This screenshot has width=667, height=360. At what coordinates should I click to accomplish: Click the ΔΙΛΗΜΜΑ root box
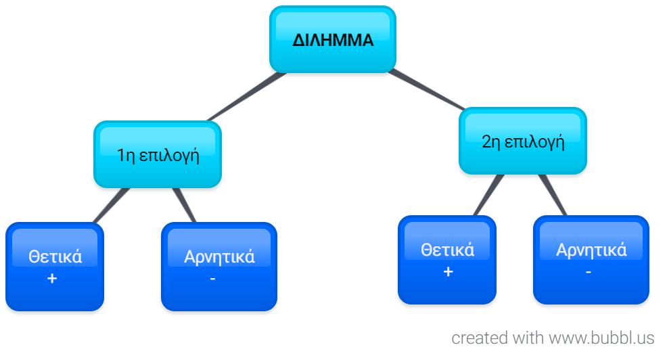333,39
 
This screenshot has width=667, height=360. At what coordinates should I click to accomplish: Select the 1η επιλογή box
158,154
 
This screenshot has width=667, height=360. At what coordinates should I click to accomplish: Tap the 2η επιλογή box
523,141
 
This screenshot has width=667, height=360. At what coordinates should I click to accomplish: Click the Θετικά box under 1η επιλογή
55,267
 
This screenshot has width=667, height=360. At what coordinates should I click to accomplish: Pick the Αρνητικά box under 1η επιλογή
219,267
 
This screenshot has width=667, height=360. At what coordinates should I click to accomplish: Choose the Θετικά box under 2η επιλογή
447,260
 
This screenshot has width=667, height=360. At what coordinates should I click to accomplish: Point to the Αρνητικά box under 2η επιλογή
591,260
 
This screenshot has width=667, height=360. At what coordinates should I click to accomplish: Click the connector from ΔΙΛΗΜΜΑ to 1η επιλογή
246,97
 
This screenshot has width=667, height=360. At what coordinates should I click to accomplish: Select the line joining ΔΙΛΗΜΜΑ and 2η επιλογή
427,90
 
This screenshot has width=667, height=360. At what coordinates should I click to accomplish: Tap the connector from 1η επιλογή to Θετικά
110,206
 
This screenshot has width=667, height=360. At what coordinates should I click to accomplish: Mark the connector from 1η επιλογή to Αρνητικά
184,205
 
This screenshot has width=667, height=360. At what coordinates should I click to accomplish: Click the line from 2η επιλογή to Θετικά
488,196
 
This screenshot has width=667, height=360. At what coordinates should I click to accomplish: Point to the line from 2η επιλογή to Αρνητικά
553,196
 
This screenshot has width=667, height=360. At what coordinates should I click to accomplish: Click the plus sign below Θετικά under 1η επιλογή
52,278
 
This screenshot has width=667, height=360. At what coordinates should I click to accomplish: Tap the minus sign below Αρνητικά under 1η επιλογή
212,279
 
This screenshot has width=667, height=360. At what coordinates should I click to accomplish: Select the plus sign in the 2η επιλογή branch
448,271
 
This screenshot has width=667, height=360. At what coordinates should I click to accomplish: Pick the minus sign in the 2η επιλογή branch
589,272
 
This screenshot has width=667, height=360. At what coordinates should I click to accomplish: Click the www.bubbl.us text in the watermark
601,338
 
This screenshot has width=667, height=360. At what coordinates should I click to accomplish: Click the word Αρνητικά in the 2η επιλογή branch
591,250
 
